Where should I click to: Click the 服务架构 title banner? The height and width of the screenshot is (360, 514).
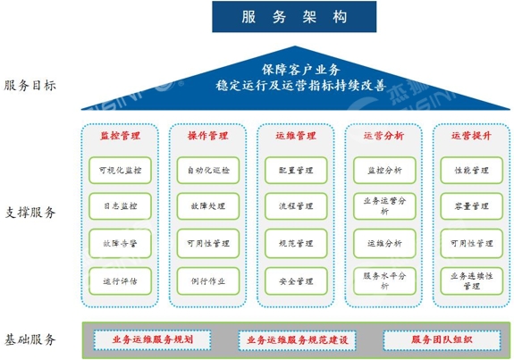coord(294,17)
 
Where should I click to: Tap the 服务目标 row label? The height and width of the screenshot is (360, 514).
coord(29,86)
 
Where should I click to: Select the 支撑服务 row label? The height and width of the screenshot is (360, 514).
coord(29,213)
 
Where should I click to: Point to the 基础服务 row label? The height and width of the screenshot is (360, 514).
coord(29,339)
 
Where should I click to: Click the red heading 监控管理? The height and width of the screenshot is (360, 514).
coord(121,136)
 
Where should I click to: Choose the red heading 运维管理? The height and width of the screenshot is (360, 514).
coord(296,136)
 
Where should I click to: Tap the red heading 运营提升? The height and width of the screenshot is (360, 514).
coord(471,136)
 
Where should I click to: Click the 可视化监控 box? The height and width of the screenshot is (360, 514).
coord(121,171)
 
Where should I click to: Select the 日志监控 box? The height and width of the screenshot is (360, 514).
coord(121,206)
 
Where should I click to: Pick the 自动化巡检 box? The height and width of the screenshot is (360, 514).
coord(208,171)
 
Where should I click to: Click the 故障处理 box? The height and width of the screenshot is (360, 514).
coord(208,206)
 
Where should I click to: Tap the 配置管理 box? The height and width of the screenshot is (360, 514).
coord(296,171)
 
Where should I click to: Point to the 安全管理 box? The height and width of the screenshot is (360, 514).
coord(296,281)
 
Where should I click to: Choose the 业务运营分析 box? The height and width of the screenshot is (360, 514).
coord(384,206)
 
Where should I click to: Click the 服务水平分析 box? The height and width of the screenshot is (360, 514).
coord(384,281)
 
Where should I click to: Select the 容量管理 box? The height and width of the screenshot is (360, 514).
coord(472,206)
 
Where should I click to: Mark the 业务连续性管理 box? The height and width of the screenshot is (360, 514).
coord(472,281)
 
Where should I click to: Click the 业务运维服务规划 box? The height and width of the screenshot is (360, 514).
coord(153,340)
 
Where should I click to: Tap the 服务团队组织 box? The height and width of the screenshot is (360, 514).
coord(442,340)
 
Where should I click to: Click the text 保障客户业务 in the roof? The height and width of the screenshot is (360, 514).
coord(301,70)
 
